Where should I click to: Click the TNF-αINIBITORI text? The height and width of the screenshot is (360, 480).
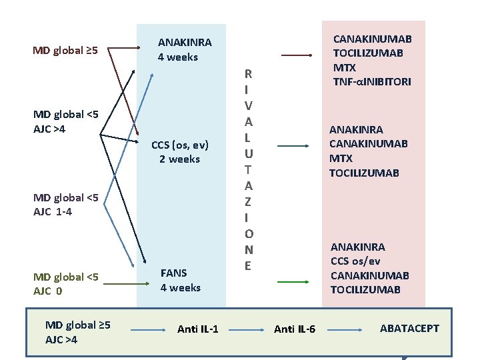[372, 82]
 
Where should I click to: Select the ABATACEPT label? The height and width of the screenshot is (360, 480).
[409, 328]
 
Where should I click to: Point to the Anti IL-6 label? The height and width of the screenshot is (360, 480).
[295, 329]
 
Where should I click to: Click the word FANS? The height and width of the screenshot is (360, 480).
[173, 273]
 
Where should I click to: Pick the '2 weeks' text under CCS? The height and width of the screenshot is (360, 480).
[179, 159]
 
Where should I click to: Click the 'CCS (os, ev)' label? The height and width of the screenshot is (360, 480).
[179, 145]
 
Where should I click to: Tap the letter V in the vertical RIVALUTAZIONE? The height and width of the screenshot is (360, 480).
[247, 105]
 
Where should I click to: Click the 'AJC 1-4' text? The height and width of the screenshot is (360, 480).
[53, 212]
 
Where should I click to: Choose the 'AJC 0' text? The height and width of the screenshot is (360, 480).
[47, 291]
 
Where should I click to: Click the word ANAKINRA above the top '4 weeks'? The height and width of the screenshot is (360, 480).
[185, 43]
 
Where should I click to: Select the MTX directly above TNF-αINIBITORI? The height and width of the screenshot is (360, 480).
[344, 68]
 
